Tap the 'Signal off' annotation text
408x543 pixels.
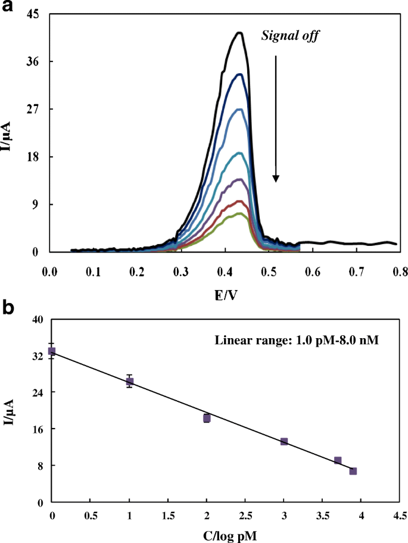pyautogui.click(x=291, y=36)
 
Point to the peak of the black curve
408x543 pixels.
pyautogui.click(x=239, y=33)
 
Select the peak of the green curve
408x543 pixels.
pyautogui.click(x=239, y=214)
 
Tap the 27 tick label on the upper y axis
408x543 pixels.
pyautogui.click(x=32, y=109)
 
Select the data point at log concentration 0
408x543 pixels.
pyautogui.click(x=52, y=351)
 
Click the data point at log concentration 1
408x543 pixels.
pyautogui.click(x=129, y=382)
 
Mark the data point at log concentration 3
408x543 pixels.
pyautogui.click(x=284, y=441)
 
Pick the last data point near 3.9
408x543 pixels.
pyautogui.click(x=353, y=471)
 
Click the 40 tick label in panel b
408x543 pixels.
pyautogui.click(x=37, y=320)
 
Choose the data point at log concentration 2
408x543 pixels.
pyautogui.click(x=207, y=418)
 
